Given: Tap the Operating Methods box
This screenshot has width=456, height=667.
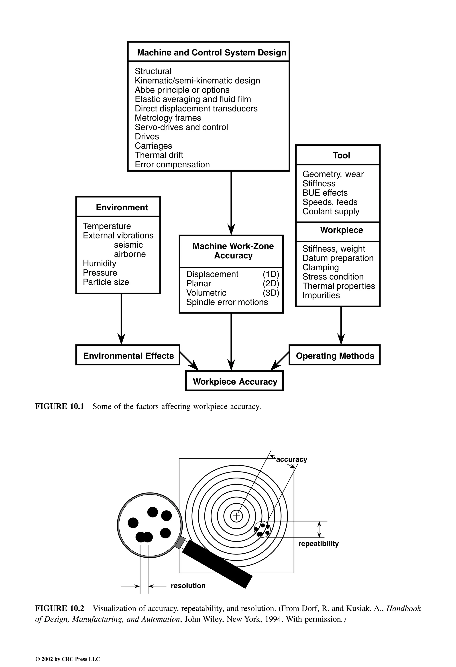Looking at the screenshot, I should (335, 356).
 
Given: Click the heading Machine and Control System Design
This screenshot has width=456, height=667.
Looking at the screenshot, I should (211, 53).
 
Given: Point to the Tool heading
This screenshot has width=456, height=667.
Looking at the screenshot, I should (341, 155).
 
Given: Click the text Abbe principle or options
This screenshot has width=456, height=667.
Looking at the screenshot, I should (182, 90).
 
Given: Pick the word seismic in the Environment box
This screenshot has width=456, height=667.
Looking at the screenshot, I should (128, 245).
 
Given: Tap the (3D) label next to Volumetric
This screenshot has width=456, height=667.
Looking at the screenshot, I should (271, 293).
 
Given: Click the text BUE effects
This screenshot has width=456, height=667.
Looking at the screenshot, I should (325, 193).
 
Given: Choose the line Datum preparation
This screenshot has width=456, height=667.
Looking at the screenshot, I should (338, 258).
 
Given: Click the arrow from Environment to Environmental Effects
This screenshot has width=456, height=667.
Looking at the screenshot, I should (121, 319).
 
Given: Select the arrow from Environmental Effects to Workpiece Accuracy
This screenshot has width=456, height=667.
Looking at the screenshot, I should (189, 361).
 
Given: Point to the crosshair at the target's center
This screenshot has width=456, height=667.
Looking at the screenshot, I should (237, 516).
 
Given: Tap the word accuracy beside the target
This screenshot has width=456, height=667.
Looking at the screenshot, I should (291, 460).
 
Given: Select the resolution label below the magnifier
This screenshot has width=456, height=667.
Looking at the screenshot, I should (188, 585).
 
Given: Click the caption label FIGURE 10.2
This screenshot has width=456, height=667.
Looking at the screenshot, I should (60, 608).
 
